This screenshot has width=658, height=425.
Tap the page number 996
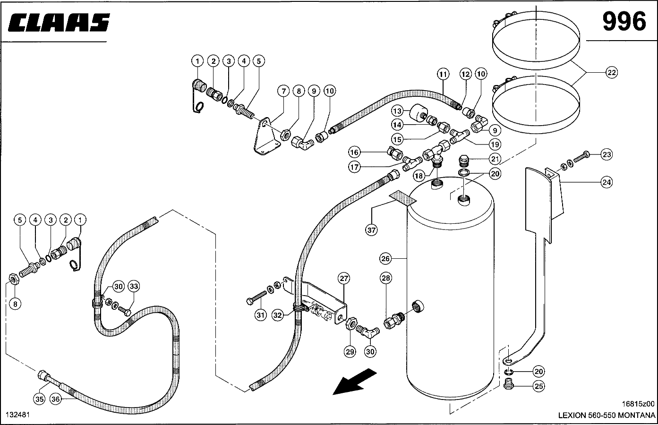[624, 22]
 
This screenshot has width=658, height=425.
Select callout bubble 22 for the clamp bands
[612, 73]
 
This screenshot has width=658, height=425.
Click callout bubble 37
[371, 230]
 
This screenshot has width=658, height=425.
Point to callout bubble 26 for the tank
[385, 258]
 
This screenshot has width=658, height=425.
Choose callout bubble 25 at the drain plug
[538, 386]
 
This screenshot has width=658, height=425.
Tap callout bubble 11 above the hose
[442, 74]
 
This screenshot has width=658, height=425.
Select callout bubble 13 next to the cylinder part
[397, 111]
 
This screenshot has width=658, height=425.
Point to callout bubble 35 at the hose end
[40, 399]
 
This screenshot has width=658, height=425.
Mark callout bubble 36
[56, 399]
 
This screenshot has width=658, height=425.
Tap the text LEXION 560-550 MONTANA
[607, 416]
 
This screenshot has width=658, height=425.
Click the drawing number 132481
[17, 414]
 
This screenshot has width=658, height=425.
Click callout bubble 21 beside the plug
[495, 159]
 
